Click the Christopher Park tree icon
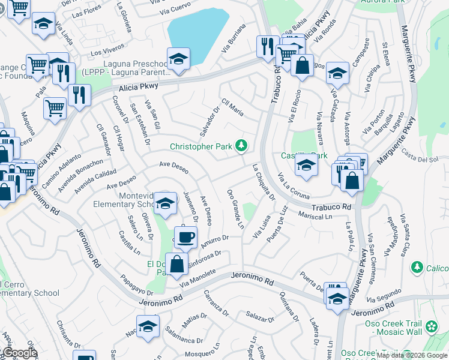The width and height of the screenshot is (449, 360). pyautogui.click(x=241, y=145)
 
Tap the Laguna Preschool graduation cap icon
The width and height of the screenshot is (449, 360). pyautogui.click(x=178, y=59)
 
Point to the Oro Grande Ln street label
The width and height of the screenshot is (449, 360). pyautogui.click(x=235, y=209)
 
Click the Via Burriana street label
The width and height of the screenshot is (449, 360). pyautogui.click(x=234, y=37)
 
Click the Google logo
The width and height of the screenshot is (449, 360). pyautogui.click(x=19, y=353)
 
